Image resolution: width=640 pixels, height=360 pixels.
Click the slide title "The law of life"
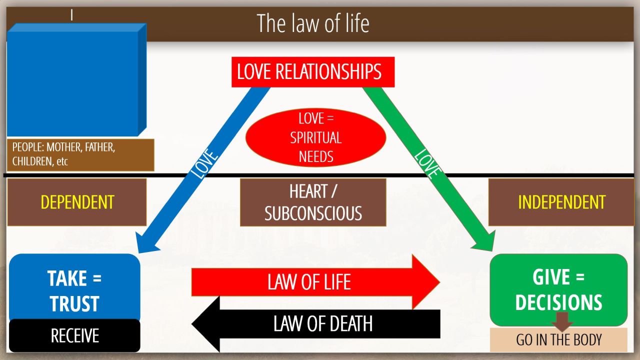tap(313, 23)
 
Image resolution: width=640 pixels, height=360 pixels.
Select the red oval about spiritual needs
tap(316, 137)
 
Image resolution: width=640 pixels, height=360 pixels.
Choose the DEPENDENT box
tap(77, 202)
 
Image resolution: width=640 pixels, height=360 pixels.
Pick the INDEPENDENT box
tap(561, 202)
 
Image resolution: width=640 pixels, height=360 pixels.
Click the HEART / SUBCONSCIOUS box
tap(313, 202)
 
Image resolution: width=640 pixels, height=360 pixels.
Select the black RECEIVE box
tap(74, 335)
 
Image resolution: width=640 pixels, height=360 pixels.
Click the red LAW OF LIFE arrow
tap(310, 282)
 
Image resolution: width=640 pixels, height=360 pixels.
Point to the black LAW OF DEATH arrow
tap(320, 323)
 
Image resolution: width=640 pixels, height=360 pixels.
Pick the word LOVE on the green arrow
tap(427, 163)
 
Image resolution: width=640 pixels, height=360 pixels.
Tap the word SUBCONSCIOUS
tap(313, 213)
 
